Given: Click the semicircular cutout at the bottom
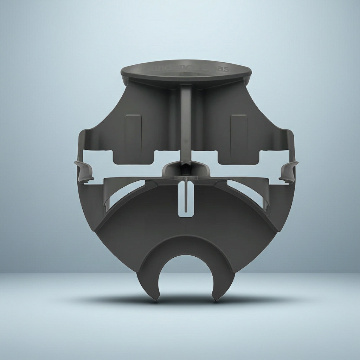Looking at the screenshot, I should coord(186,278).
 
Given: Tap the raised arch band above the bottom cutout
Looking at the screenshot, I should coord(186,244).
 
